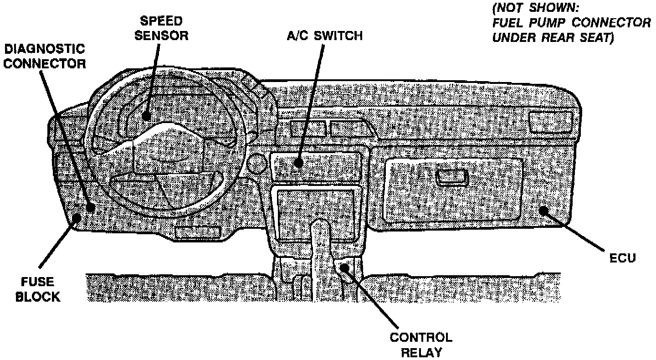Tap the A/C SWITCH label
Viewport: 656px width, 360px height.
point(325,36)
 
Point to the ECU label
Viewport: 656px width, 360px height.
point(623,258)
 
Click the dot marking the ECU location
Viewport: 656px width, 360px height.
point(543,210)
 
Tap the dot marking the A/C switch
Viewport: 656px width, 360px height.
point(297,163)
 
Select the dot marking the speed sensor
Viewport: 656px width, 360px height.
point(146,116)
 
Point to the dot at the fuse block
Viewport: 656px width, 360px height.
point(77,217)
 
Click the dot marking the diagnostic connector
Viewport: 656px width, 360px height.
point(91,207)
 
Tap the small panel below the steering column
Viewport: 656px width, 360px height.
point(198,232)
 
